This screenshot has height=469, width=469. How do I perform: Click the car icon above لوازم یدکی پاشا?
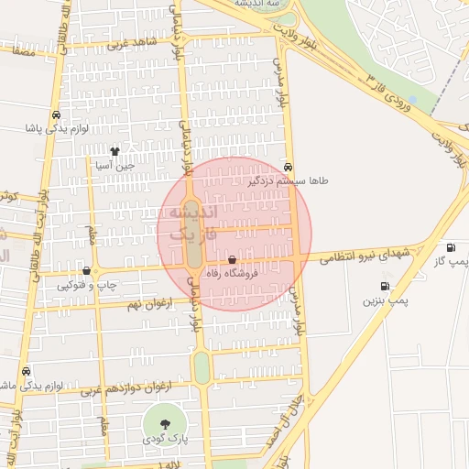(57, 116)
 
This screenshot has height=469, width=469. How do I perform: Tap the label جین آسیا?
(115, 166)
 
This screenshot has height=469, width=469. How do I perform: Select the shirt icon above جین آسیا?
(115, 152)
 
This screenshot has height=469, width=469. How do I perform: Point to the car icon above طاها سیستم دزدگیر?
(289, 168)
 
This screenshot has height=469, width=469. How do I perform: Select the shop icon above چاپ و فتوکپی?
(86, 271)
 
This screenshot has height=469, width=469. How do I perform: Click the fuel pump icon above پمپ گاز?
(450, 248)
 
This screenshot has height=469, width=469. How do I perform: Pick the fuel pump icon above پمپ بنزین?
(385, 286)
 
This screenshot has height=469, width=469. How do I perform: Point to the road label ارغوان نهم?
(146, 304)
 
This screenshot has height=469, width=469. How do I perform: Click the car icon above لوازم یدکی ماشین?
(27, 372)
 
